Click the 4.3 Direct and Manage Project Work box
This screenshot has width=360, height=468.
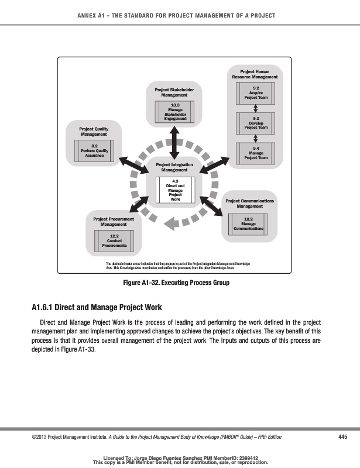point(174,191)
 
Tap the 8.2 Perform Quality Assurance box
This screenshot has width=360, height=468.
point(94,150)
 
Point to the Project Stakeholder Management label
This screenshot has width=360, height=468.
point(174,92)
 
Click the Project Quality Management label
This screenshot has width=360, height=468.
point(94,131)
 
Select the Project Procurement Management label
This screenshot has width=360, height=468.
point(114,221)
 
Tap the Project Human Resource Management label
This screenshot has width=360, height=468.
point(255,74)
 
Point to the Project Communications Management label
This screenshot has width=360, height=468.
point(249,203)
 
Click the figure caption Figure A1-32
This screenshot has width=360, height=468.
point(176,283)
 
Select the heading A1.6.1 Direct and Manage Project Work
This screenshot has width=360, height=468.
point(96,308)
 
